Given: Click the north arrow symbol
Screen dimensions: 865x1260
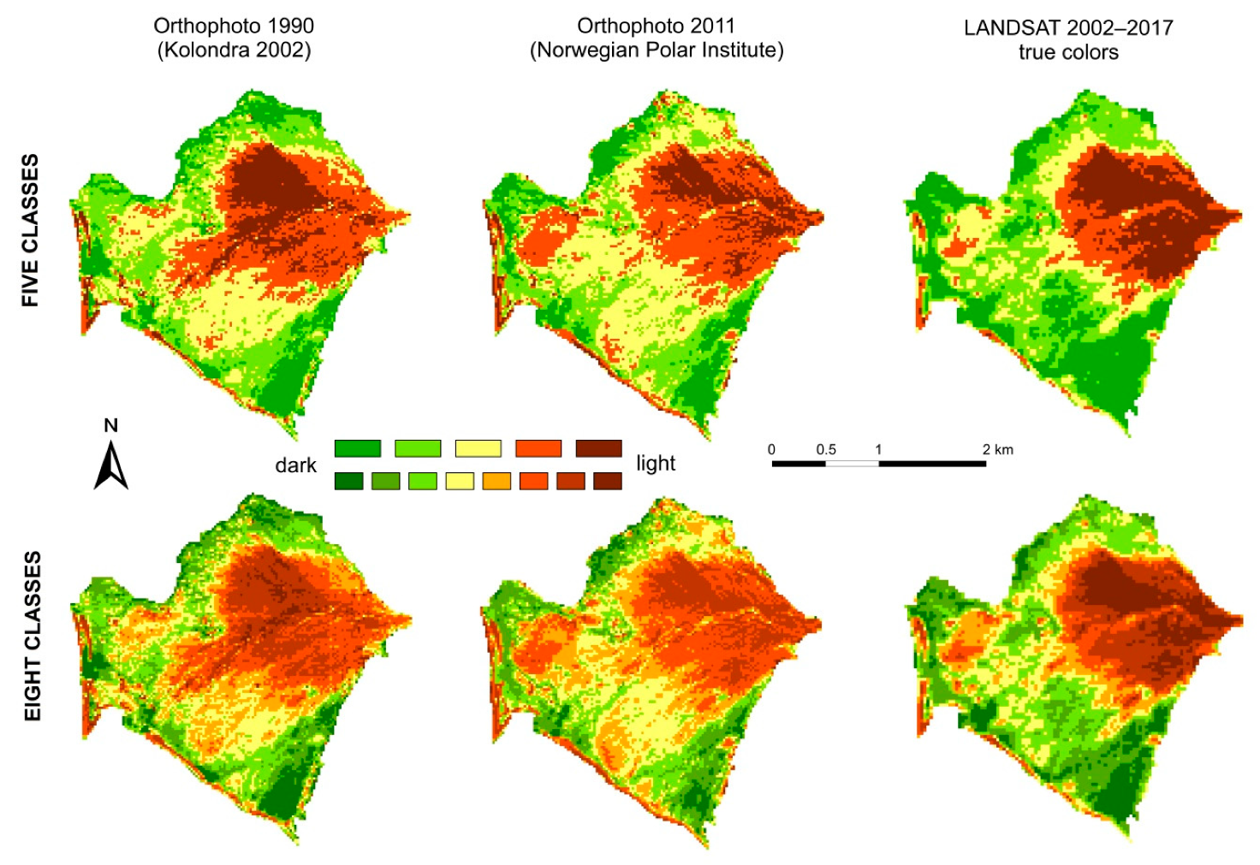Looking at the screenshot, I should pyautogui.click(x=110, y=466).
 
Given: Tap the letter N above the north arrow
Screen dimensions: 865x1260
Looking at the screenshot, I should pyautogui.click(x=110, y=426).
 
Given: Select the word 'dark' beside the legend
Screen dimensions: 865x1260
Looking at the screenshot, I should pyautogui.click(x=295, y=465).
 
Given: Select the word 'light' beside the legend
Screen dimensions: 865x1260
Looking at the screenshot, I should pyautogui.click(x=656, y=464).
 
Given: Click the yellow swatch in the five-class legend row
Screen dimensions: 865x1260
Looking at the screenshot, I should pyautogui.click(x=478, y=448).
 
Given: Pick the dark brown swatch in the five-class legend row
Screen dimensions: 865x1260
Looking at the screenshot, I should pyautogui.click(x=598, y=448).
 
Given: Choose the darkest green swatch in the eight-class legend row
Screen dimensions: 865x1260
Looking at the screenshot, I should pyautogui.click(x=348, y=481).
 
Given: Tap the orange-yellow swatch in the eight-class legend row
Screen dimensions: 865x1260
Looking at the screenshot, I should pyautogui.click(x=496, y=481).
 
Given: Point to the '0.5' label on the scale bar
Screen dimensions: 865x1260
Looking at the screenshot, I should pyautogui.click(x=826, y=449).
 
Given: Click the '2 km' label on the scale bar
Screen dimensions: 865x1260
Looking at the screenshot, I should pyautogui.click(x=997, y=449).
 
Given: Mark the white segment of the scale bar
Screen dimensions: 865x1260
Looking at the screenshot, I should pyautogui.click(x=852, y=464).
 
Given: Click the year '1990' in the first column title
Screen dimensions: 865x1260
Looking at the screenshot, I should pyautogui.click(x=286, y=27).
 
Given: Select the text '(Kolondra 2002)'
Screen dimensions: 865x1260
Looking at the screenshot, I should pyautogui.click(x=234, y=50).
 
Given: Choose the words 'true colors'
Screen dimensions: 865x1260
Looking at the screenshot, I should pyautogui.click(x=1068, y=52).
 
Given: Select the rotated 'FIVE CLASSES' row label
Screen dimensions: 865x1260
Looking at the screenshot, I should pyautogui.click(x=31, y=230).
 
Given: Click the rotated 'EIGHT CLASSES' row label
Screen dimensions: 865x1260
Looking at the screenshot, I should pyautogui.click(x=33, y=636).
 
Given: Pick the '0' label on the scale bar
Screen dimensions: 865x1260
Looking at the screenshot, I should pyautogui.click(x=771, y=449).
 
